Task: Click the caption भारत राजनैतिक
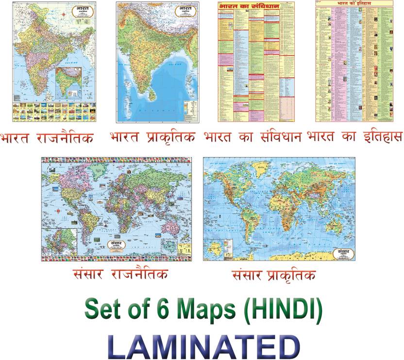click(48, 137)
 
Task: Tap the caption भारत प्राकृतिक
click(152, 137)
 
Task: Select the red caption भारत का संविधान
click(253, 137)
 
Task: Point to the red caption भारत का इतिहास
click(354, 137)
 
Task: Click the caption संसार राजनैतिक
click(119, 274)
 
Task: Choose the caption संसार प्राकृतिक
click(274, 275)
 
